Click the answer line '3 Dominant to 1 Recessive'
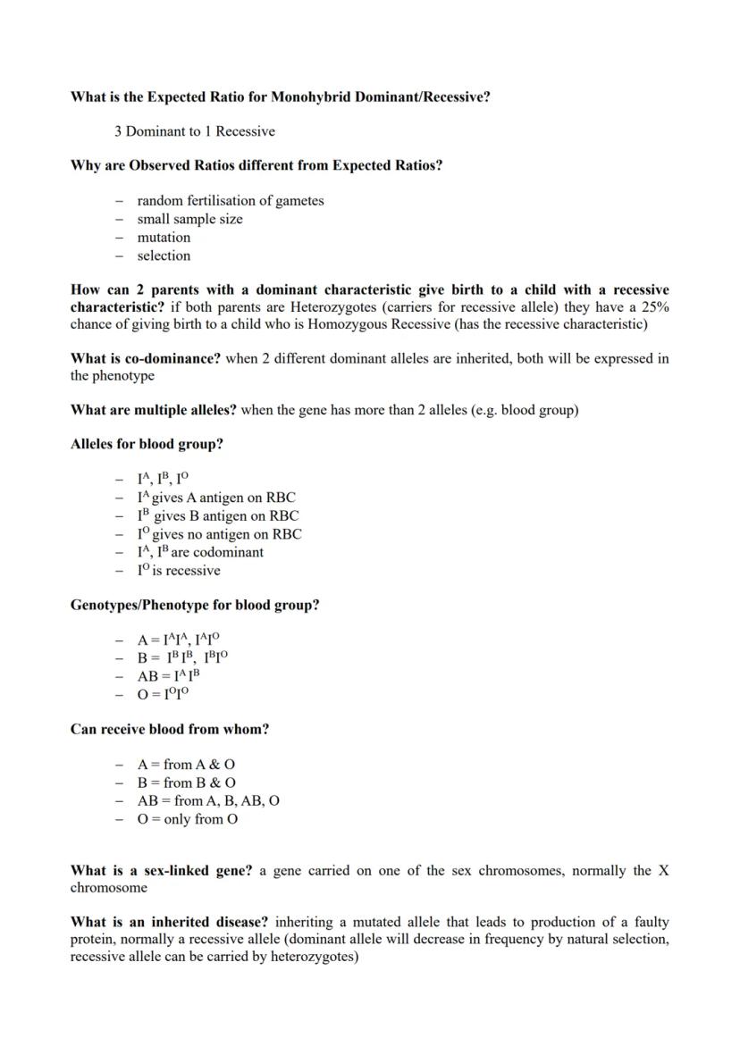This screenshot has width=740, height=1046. [194, 131]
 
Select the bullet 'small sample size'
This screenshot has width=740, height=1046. [189, 219]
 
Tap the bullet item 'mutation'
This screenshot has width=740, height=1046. [164, 238]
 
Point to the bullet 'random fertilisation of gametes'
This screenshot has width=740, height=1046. [230, 201]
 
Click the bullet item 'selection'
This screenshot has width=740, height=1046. [164, 255]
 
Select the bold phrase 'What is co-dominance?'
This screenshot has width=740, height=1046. [146, 358]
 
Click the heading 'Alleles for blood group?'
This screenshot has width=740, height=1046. [147, 444]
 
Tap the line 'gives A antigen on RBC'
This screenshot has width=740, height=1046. [223, 498]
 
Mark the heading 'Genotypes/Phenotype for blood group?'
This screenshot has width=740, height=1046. [195, 605]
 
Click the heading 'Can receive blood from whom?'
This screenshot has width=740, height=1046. [170, 729]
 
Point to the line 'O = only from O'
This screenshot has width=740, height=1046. [187, 819]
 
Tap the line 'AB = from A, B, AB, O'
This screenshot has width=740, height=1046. [207, 800]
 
